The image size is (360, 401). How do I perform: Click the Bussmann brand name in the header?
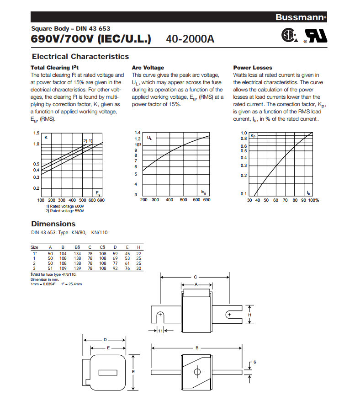(x=300, y=17)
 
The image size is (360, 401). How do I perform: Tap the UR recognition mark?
(x=317, y=37)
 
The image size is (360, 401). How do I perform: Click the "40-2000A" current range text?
(x=190, y=39)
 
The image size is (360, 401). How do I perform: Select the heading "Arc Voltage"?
(x=148, y=68)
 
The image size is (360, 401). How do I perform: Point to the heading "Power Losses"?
(x=253, y=68)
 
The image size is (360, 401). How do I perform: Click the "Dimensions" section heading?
(x=53, y=224)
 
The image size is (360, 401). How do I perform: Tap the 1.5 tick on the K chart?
(x=36, y=133)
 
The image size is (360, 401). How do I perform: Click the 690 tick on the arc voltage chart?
(x=206, y=200)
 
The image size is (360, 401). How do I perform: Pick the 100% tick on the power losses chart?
(x=313, y=200)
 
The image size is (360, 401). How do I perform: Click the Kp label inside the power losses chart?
(x=253, y=136)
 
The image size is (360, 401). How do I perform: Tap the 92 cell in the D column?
(x=115, y=268)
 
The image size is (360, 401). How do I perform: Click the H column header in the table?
(x=138, y=247)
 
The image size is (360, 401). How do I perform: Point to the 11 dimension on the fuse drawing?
(x=160, y=331)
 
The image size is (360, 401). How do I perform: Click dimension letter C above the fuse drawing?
(x=196, y=277)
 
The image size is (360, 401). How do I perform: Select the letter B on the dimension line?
(x=197, y=348)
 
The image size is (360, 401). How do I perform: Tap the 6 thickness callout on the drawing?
(x=254, y=362)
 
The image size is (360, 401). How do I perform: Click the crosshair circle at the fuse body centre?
(x=197, y=371)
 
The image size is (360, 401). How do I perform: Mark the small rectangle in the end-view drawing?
(x=108, y=371)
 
